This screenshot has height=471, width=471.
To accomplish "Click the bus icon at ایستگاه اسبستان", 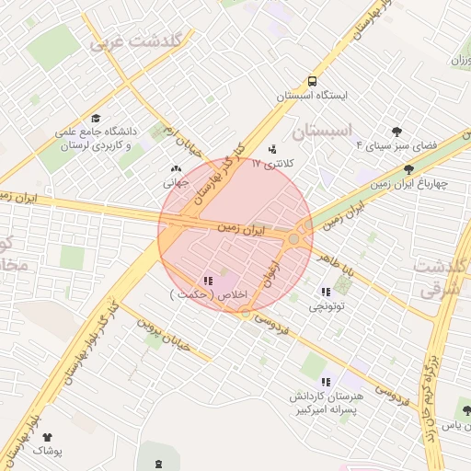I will click(313, 81).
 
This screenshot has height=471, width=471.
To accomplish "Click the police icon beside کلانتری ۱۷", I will click(271, 148).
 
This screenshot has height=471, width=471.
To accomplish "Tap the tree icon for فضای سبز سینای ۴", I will click(396, 132).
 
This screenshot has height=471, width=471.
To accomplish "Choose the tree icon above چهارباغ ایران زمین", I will click(408, 168).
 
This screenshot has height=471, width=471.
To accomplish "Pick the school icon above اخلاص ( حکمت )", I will click(207, 280).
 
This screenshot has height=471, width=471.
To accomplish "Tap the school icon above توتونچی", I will click(326, 292).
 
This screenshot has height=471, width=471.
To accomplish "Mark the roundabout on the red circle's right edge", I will click(293, 239).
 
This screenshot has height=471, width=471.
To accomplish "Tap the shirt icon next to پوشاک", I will click(48, 438).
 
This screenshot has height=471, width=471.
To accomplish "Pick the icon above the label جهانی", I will click(176, 169).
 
